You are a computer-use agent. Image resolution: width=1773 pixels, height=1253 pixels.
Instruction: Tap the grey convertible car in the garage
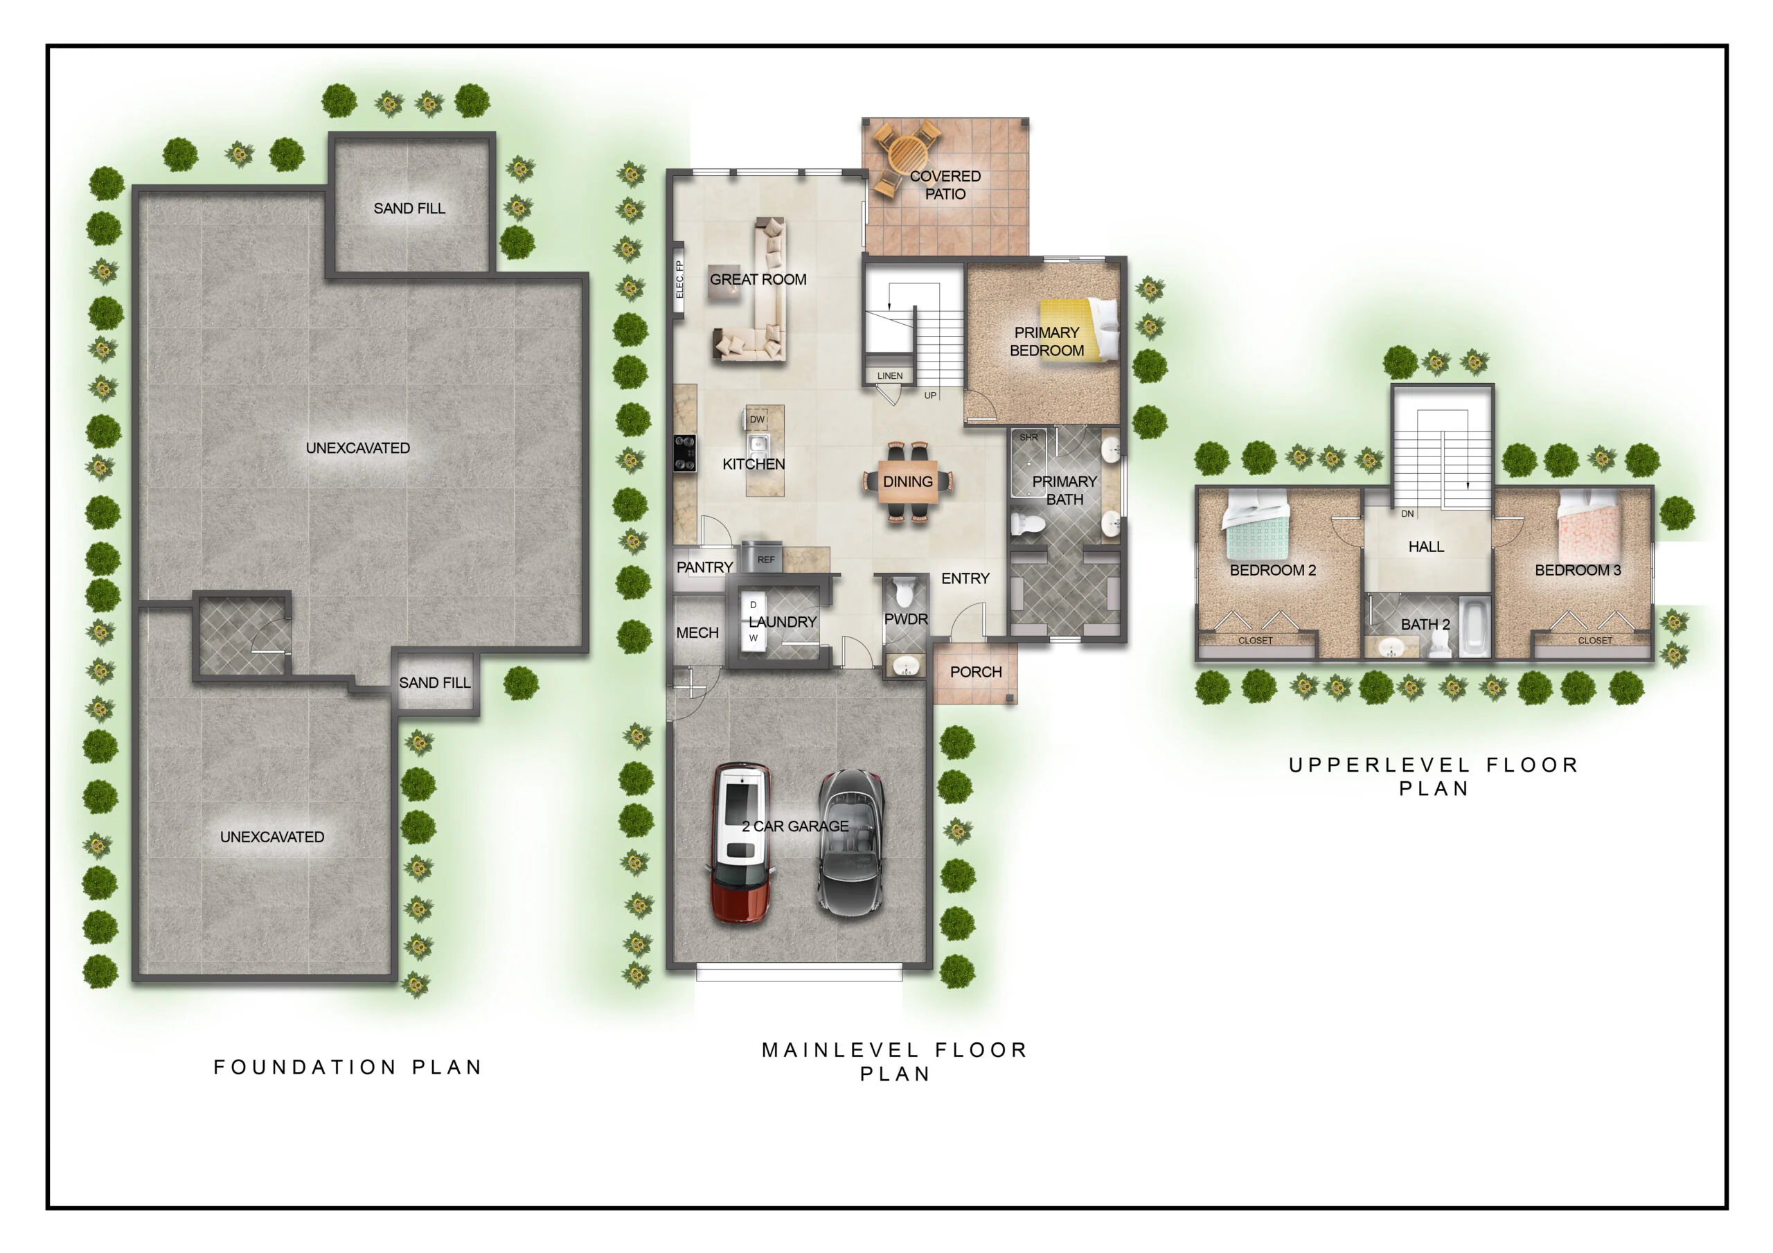tap(850, 843)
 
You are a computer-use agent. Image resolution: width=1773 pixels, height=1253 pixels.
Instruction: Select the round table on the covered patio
tap(907, 155)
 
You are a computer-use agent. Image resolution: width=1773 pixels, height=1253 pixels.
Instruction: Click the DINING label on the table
tap(907, 481)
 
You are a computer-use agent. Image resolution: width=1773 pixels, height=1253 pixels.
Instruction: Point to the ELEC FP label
tap(679, 280)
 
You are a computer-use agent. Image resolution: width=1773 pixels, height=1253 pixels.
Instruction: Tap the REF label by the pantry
tap(765, 559)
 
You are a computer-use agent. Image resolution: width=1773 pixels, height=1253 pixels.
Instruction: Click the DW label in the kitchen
tap(757, 420)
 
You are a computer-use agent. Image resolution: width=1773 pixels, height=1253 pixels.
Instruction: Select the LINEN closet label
tap(889, 375)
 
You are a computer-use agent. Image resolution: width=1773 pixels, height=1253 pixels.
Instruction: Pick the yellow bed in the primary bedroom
tap(1079, 329)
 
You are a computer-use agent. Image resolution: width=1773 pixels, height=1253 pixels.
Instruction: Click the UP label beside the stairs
tap(931, 396)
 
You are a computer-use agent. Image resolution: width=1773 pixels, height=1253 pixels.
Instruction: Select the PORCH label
tap(975, 672)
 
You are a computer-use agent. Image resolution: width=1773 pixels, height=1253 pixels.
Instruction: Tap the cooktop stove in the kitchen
tap(684, 453)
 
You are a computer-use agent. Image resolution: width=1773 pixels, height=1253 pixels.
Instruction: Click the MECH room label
tap(697, 632)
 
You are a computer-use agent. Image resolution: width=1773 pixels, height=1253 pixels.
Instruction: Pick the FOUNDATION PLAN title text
tap(348, 1067)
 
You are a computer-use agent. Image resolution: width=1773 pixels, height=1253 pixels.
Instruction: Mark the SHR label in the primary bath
tap(1028, 437)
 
